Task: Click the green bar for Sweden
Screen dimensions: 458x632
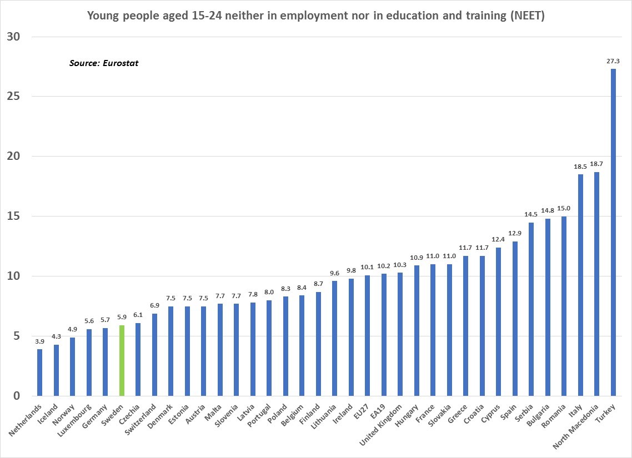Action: pos(122,361)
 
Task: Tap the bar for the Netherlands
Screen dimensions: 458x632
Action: pos(39,373)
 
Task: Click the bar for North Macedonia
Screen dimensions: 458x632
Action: pos(596,284)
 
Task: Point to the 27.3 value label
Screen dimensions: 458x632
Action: pos(613,61)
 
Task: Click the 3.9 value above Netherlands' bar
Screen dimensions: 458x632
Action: pos(39,341)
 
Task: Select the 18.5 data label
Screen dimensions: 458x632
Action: pos(580,167)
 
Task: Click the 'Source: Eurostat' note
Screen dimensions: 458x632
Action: pos(104,63)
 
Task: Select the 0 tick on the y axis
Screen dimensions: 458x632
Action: pos(16,396)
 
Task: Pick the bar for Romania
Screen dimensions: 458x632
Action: pos(564,306)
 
